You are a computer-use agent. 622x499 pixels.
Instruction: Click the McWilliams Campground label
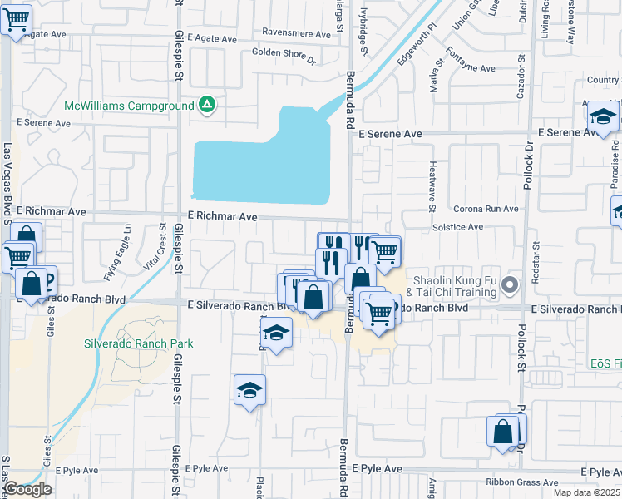130,106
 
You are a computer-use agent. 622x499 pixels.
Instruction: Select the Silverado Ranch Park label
138,343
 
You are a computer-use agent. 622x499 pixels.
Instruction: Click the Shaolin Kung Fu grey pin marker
511,285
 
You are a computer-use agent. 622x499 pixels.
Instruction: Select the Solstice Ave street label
457,226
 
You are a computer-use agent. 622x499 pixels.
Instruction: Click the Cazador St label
522,70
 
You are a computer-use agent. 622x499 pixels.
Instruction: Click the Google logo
28,489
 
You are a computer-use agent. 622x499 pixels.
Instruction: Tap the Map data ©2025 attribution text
586,492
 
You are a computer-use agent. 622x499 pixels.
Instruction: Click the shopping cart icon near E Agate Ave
16,20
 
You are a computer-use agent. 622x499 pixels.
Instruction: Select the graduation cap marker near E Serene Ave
603,118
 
